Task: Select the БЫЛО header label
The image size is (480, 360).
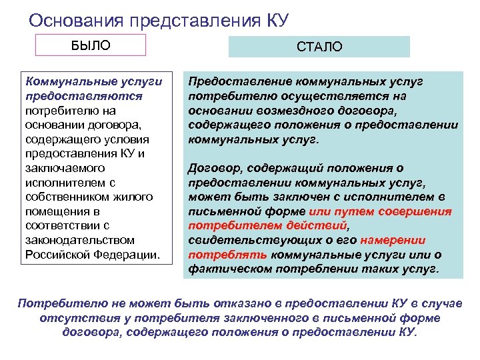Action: click(x=91, y=45)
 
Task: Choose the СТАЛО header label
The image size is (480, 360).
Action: click(x=319, y=47)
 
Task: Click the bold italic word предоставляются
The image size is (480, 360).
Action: click(x=73, y=96)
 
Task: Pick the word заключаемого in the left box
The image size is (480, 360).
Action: click(x=62, y=168)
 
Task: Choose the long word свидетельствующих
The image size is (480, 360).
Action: click(x=240, y=240)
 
